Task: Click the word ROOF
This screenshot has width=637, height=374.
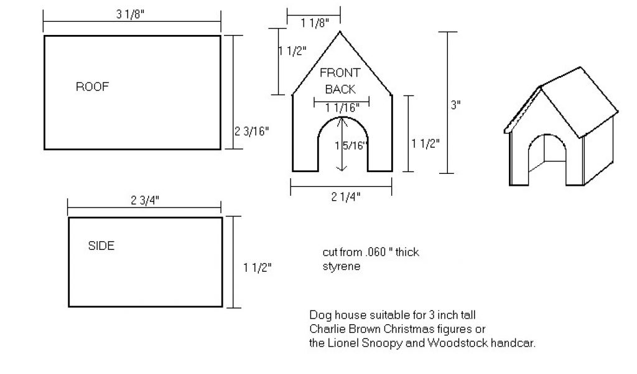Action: click(92, 87)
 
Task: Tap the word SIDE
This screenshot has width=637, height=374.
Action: click(101, 246)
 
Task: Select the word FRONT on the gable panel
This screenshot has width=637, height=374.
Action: click(340, 74)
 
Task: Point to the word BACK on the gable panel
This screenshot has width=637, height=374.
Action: click(340, 90)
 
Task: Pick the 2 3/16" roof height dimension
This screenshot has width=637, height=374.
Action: click(251, 132)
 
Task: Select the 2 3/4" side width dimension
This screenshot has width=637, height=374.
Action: click(144, 200)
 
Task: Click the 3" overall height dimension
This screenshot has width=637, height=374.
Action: click(456, 105)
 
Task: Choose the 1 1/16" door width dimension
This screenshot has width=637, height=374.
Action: click(342, 108)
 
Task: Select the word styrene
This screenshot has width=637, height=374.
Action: click(341, 266)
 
